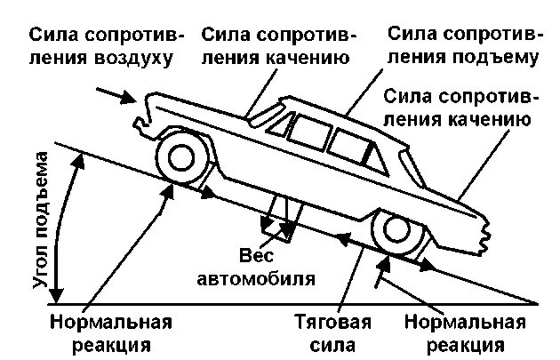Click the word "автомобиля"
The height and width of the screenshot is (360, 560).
(x=255, y=277)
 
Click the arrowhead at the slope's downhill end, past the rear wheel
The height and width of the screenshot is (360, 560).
(x=428, y=264)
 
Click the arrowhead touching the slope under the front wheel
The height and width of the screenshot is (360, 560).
(x=208, y=190)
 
